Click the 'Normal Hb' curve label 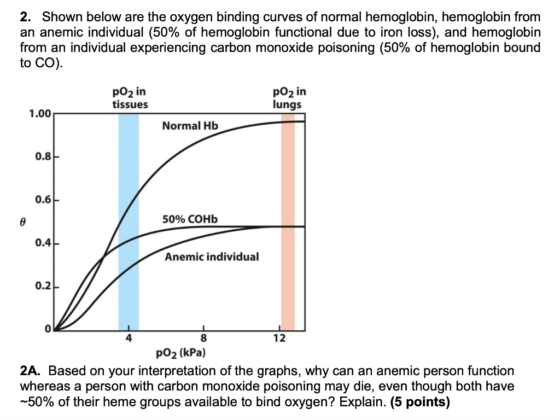190,126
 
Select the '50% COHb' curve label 190,219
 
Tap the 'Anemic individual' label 212,256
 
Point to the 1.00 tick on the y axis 40,114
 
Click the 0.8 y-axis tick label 43,157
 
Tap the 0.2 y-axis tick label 43,286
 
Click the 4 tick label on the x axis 129,338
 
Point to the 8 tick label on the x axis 204,338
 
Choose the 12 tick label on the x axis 279,338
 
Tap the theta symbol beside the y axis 23,221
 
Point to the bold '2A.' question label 32,371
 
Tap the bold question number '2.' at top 26,17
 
